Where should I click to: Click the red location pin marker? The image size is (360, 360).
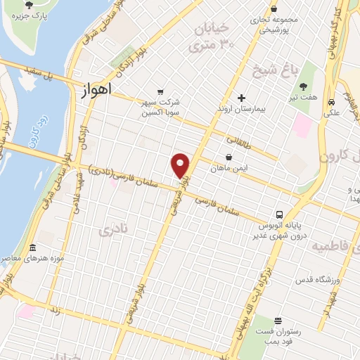click(181, 165)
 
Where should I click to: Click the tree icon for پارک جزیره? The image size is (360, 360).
click(29, 5)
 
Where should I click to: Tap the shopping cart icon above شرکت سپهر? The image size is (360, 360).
click(161, 92)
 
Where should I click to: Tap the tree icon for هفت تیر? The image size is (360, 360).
click(304, 86)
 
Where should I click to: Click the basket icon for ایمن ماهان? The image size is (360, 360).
click(229, 158)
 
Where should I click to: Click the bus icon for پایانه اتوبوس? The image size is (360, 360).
click(279, 214)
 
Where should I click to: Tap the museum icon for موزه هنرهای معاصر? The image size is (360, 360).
click(32, 247)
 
